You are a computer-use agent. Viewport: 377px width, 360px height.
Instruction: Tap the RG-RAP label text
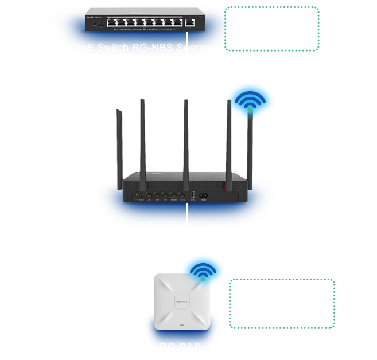(x=180, y=347)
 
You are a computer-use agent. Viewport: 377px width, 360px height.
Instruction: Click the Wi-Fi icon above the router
(x=250, y=101)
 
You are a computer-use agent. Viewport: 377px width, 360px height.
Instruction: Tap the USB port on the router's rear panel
(x=193, y=195)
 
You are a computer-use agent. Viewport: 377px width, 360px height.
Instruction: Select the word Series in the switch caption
(x=196, y=48)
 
